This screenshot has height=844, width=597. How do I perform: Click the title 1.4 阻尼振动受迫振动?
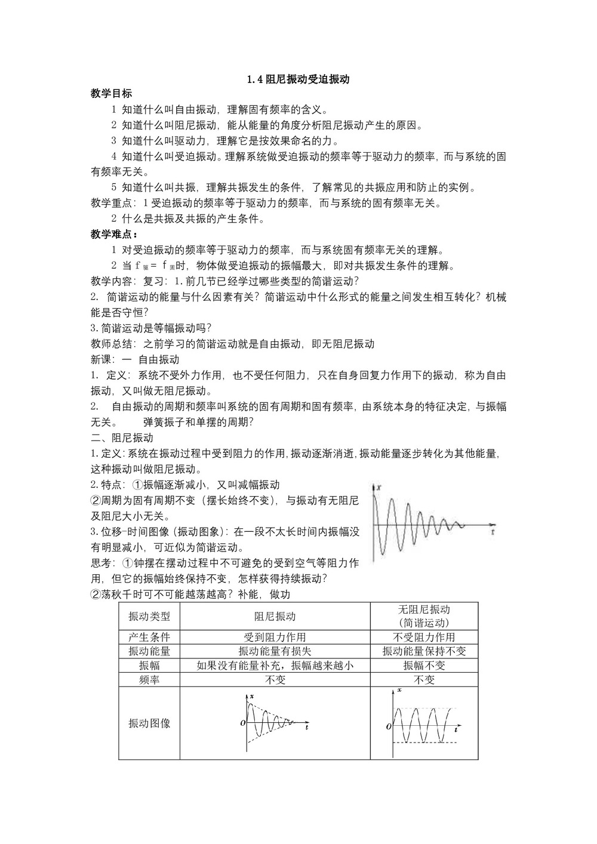298,79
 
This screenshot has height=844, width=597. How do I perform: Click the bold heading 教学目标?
112,94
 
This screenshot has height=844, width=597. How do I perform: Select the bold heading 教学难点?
113,234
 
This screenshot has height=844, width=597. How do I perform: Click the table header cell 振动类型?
149,617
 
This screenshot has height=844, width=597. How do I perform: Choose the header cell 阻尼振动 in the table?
275,617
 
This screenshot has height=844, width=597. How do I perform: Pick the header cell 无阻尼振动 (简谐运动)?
424,616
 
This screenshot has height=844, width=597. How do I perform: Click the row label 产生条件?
149,637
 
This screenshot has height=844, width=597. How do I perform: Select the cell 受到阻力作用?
275,637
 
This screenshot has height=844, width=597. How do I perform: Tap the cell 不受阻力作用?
424,637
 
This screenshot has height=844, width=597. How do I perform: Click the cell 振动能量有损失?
275,651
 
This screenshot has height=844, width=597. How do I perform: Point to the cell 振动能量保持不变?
424,651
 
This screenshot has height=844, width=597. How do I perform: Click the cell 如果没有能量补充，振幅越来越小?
275,666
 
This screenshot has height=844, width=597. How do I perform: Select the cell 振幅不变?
424,666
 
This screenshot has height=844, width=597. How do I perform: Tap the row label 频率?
149,680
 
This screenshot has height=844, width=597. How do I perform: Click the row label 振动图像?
149,723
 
